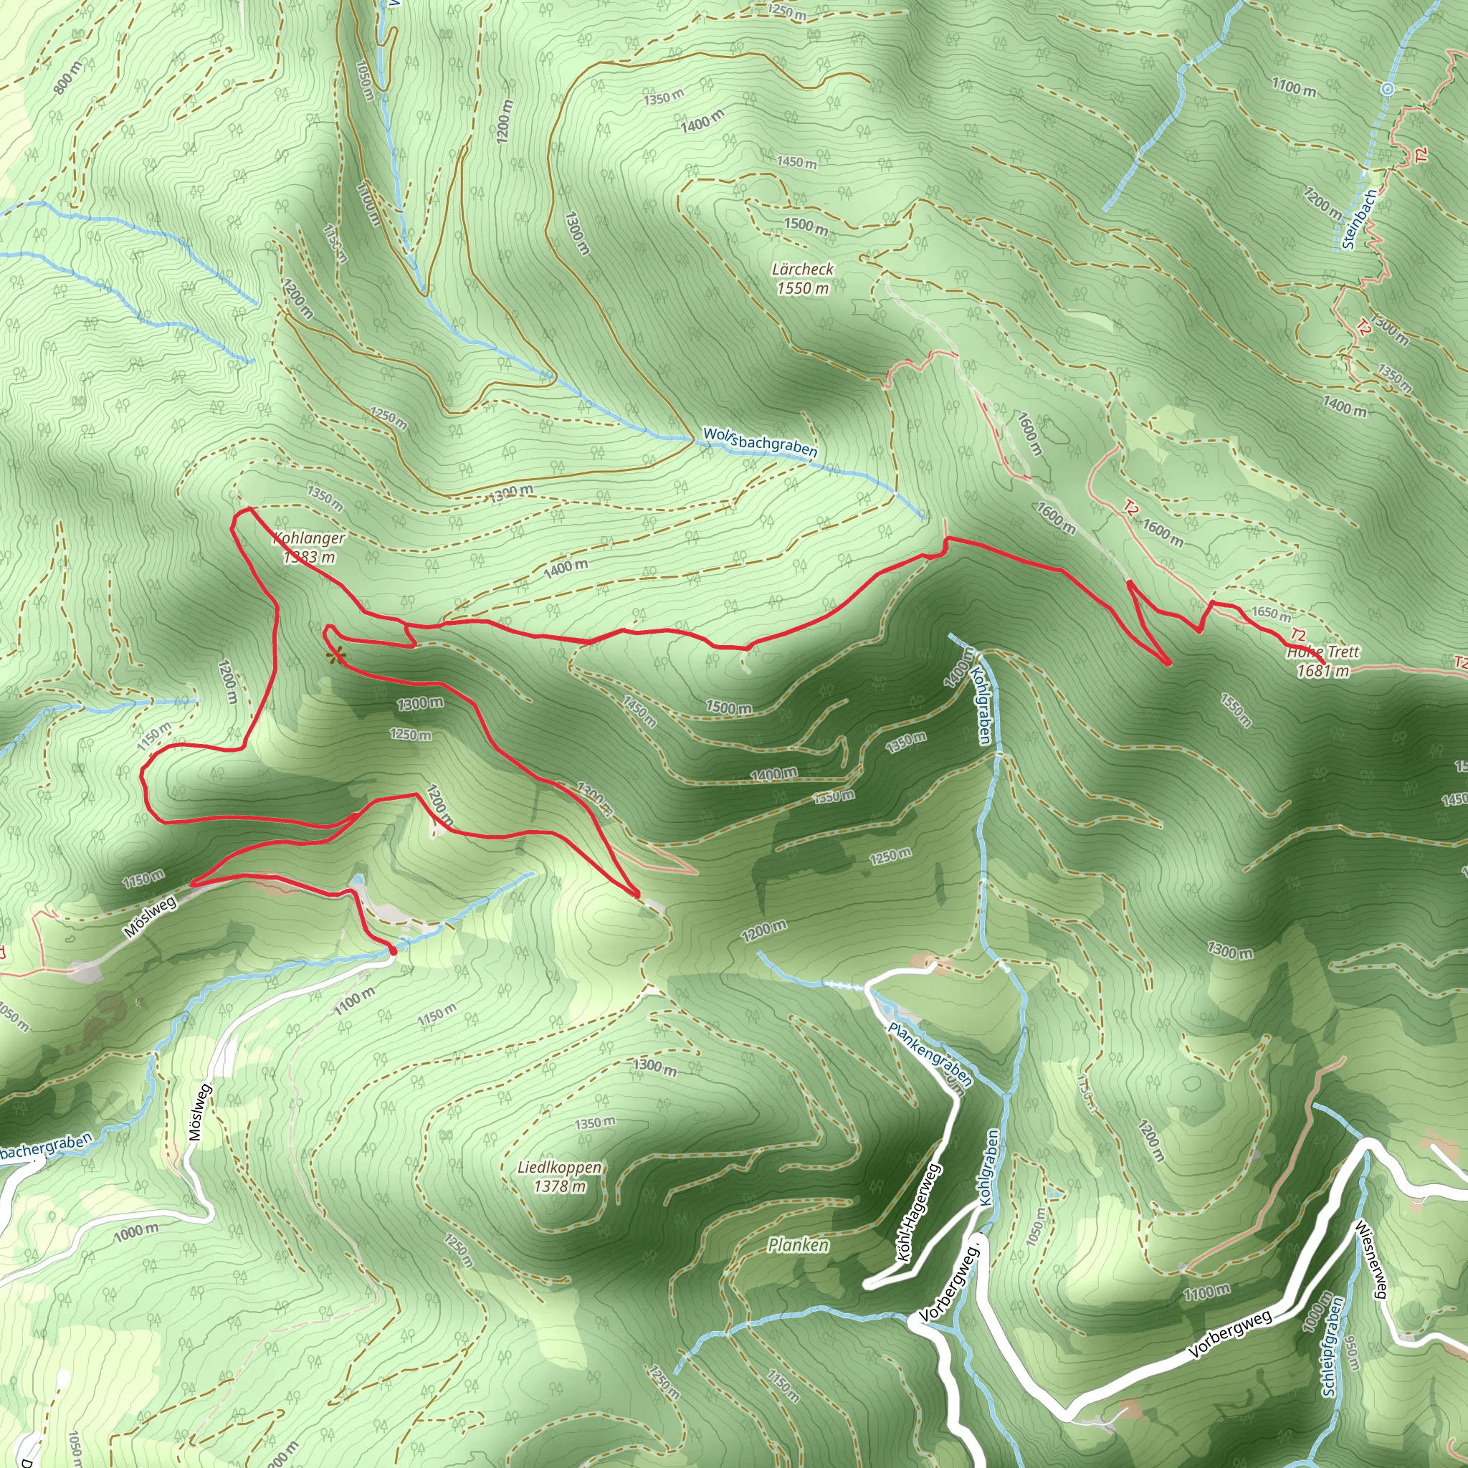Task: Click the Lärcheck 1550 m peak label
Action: click(x=802, y=278)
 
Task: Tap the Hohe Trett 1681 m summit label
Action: click(x=1323, y=660)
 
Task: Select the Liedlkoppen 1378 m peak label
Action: click(x=559, y=1177)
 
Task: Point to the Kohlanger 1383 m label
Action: click(x=309, y=547)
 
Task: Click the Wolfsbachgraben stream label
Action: click(x=760, y=442)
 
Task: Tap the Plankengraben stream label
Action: click(x=930, y=1053)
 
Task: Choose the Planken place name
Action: click(x=798, y=1244)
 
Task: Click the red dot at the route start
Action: click(x=393, y=950)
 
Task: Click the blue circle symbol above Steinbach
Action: click(x=1388, y=89)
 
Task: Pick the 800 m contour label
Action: click(x=67, y=78)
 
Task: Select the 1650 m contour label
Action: click(x=1270, y=612)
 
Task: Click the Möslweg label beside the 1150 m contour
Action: click(x=151, y=915)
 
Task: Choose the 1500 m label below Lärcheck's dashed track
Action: click(x=806, y=226)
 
